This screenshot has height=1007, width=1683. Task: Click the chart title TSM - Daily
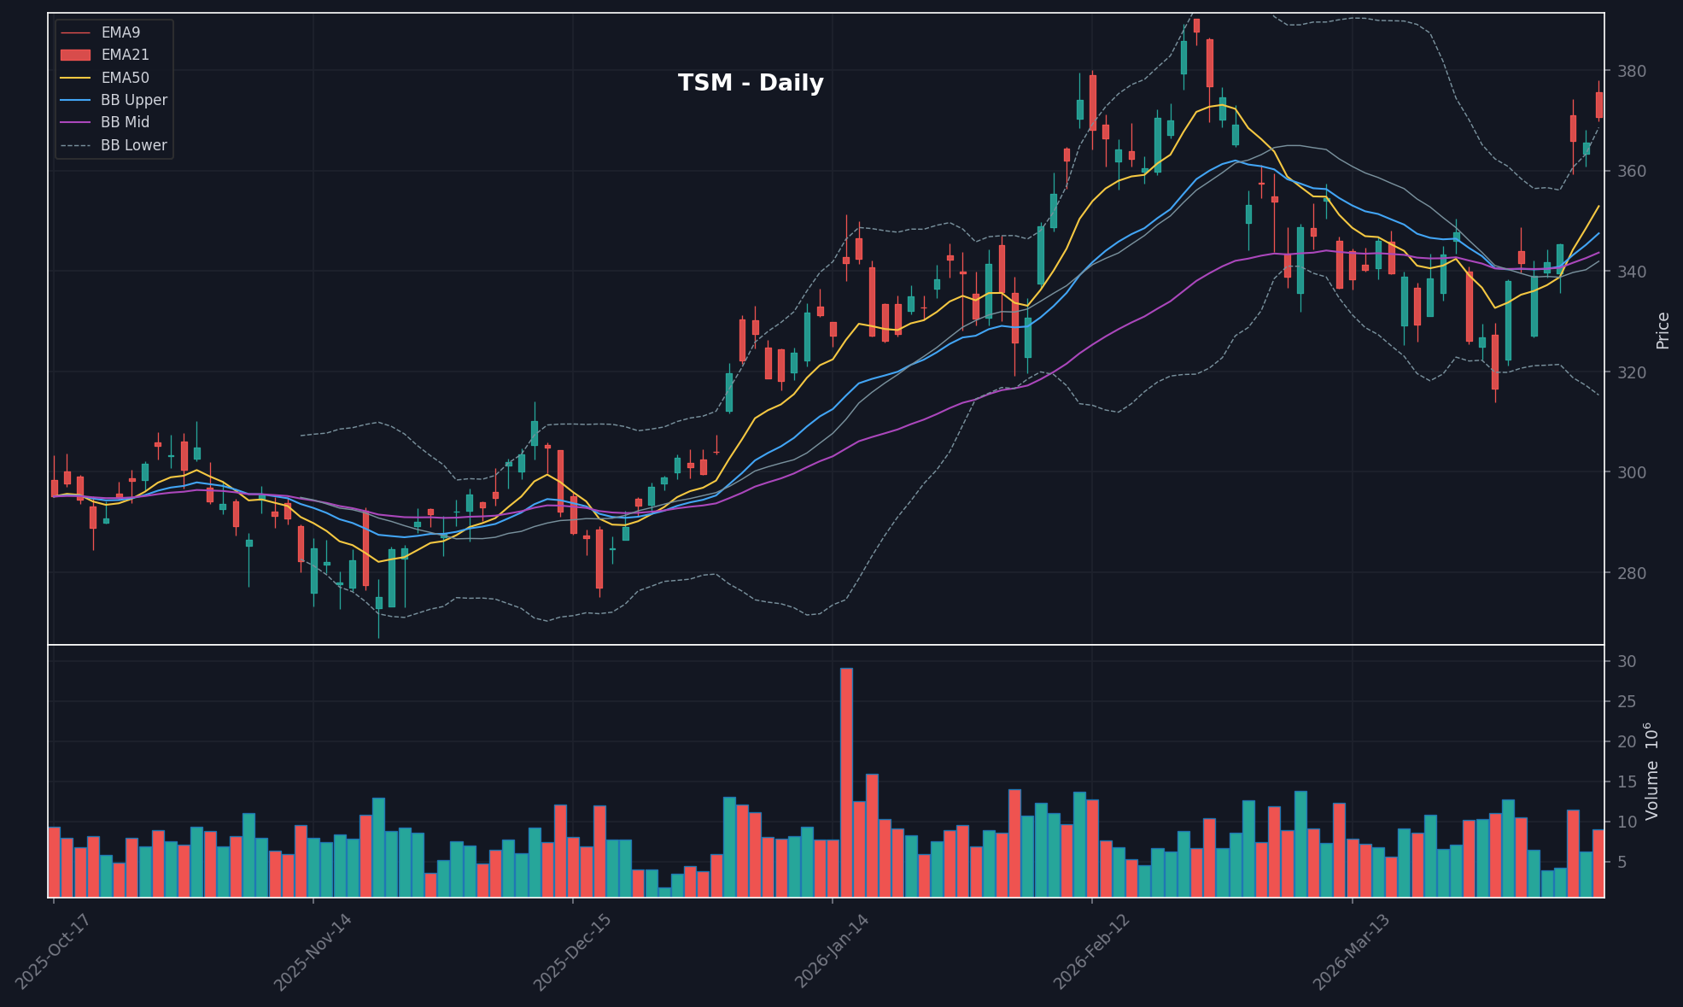(x=751, y=83)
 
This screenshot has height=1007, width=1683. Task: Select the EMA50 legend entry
(x=125, y=78)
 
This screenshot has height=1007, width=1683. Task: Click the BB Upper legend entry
(x=133, y=100)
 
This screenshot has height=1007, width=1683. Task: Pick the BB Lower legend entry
(x=133, y=145)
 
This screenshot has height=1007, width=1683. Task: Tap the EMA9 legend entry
(x=120, y=32)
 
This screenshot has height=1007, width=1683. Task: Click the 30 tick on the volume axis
(x=1626, y=662)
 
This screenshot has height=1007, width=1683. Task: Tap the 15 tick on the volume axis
(x=1626, y=782)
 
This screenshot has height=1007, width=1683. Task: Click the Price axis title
(x=1663, y=331)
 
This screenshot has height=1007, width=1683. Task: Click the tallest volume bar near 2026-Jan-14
(x=846, y=782)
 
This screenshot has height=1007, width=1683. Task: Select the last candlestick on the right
(x=1599, y=104)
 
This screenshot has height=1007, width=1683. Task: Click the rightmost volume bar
(x=1598, y=863)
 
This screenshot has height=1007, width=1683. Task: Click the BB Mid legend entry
(x=125, y=122)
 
